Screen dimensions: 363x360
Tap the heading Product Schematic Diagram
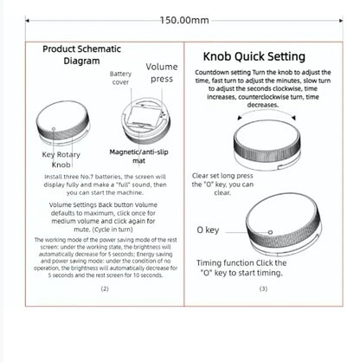81,55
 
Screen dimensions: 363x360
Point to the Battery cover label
121,79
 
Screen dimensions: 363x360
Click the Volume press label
161,73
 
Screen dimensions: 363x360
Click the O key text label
209,230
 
